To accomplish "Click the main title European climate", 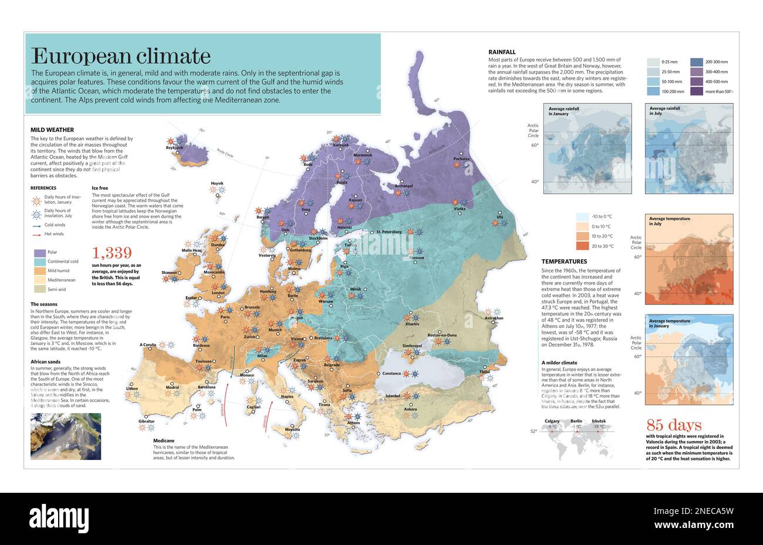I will [120, 56].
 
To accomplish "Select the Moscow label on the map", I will [416, 258].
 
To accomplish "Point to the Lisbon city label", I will [132, 388].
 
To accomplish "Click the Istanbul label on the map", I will [393, 396].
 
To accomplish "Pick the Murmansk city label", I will [362, 155].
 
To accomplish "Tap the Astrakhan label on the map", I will [494, 318].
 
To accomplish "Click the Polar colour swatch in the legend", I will [39, 253].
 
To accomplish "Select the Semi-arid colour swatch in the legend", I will [39, 289].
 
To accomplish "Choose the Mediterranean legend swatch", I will [39, 280].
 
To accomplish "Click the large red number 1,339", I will [112, 253].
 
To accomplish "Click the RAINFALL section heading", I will [502, 52].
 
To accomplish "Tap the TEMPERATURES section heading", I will [564, 261].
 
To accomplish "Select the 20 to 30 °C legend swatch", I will [582, 246].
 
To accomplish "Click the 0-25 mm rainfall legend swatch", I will [653, 62].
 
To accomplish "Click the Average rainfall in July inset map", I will [689, 148].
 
